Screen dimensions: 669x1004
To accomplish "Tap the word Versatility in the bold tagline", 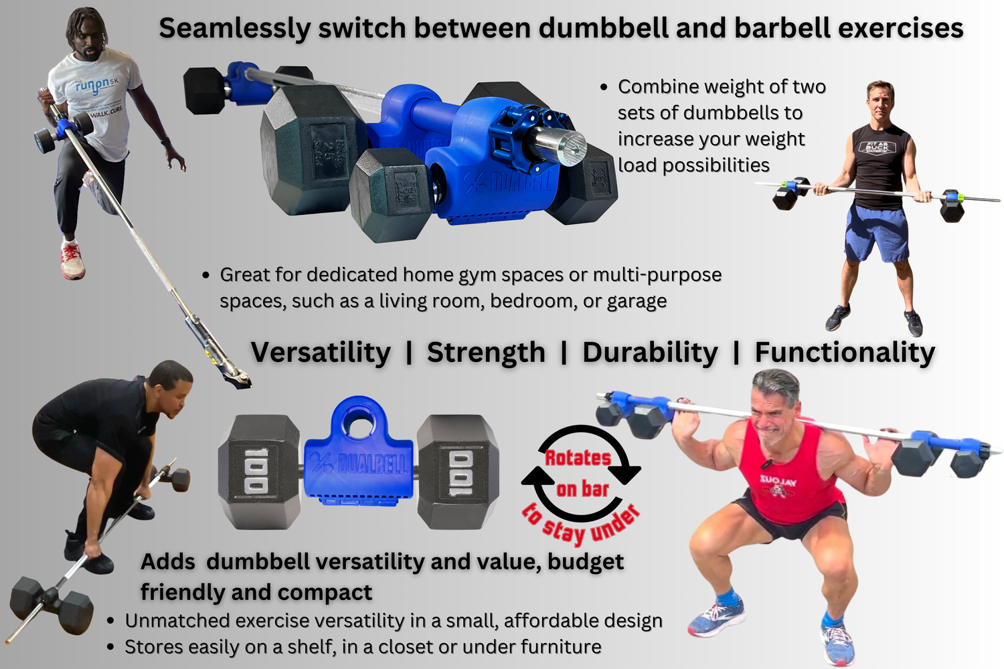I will [x=321, y=353].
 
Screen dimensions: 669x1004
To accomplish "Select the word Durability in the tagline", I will [x=650, y=353].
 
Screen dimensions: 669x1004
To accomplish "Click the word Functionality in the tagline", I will [x=845, y=353].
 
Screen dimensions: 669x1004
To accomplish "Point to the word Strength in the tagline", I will [x=486, y=353].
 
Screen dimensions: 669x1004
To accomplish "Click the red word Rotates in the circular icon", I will [x=578, y=458].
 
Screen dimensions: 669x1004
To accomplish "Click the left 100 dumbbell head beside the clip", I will [x=258, y=471].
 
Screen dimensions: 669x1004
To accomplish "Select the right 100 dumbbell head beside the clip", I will [x=458, y=471].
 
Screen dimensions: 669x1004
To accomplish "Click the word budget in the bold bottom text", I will [x=585, y=562].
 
